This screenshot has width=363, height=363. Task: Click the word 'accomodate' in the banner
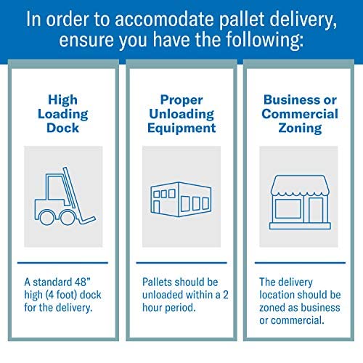(165, 20)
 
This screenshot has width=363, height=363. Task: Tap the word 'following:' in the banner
(265, 40)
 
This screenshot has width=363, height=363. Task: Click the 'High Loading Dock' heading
(63, 114)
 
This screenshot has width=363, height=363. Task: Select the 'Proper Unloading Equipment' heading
(181, 114)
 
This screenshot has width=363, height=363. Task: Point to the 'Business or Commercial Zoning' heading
(300, 114)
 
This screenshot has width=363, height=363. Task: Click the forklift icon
(65, 196)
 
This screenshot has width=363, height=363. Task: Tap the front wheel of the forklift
(68, 217)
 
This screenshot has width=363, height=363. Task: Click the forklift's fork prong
(88, 220)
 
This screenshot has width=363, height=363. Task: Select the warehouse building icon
(181, 200)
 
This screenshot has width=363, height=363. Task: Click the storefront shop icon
(300, 202)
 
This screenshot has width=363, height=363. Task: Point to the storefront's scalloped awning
(300, 185)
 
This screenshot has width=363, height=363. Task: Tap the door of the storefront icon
(316, 210)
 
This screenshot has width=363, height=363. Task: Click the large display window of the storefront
(288, 209)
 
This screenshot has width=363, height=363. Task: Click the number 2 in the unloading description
(226, 295)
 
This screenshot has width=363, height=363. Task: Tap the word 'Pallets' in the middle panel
(157, 282)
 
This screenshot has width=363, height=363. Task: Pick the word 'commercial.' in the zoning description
(298, 320)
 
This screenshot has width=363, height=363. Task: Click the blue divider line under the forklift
(62, 263)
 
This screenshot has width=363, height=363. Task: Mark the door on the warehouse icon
(157, 207)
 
